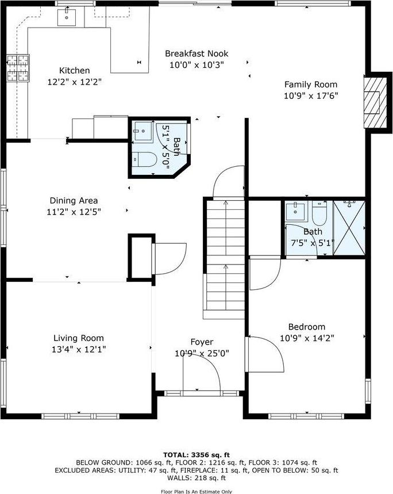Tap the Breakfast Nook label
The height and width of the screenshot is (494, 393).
pos(194,53)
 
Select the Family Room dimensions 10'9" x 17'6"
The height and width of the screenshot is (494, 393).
pos(311,95)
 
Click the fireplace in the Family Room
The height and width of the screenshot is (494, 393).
pos(374,102)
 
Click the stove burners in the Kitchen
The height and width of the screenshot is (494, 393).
pos(18,68)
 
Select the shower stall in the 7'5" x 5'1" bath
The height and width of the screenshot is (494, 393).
pos(349,228)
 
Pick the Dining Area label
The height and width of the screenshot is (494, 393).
pos(74,201)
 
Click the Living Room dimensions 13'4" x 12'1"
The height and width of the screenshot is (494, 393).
pos(79,349)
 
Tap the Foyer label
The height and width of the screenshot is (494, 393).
pos(202,342)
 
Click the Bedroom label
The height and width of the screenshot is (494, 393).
pos(307,327)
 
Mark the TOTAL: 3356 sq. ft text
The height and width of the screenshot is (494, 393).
pos(196,454)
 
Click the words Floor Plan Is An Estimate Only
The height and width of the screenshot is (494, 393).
pos(196,491)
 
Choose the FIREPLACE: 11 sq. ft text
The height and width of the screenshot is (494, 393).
pos(237,470)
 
